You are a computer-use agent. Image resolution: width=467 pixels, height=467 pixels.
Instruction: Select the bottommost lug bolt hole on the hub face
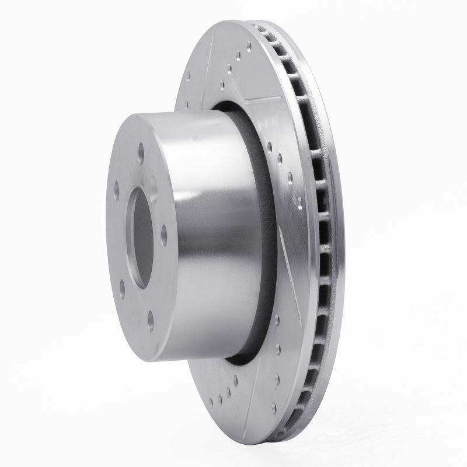(151, 320)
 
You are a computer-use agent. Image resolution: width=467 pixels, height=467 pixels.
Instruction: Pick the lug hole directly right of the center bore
(164, 234)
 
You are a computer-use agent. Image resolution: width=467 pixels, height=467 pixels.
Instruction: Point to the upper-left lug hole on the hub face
(117, 190)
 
